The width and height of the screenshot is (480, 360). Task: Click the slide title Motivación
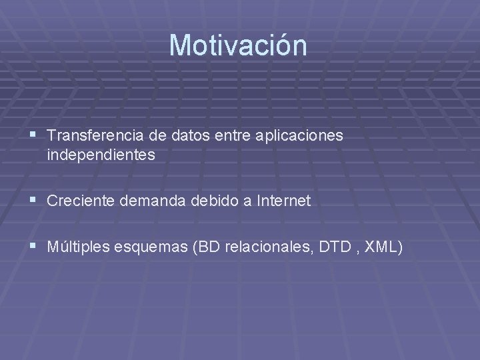point(238,45)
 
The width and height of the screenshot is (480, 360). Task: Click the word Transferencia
point(93,135)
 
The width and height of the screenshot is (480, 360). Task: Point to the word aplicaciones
point(298,136)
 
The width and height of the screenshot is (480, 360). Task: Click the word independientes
point(101,156)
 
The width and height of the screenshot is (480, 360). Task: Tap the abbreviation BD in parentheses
point(207,247)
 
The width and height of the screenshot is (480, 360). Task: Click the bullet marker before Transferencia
point(34,135)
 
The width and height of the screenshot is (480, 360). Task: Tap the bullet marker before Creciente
point(34,201)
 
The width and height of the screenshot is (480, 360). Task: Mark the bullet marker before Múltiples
point(34,247)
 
